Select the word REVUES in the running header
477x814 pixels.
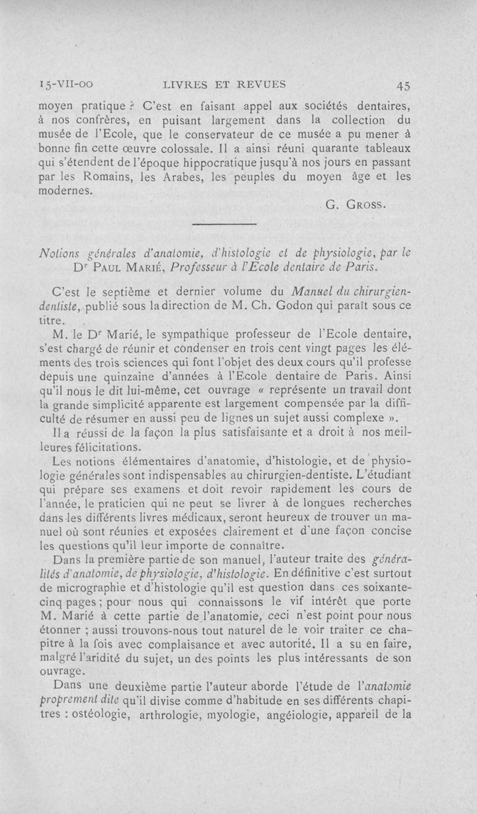[x=264, y=85]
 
